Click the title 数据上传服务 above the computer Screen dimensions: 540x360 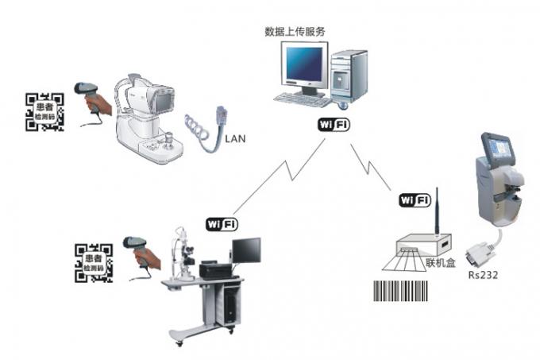pos(295,32)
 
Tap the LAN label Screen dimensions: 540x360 pos(235,139)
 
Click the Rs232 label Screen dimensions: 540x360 pos(483,275)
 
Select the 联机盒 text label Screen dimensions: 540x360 pos(441,263)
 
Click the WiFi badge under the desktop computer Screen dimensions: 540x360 pos(334,124)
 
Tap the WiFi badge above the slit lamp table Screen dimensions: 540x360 pos(222,225)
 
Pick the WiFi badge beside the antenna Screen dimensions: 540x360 pos(415,200)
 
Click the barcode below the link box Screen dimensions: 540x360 pos(400,291)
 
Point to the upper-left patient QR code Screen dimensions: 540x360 pos(44,112)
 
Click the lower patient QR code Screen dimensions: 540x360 pos(94,263)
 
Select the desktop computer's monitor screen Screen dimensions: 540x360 pos(303,64)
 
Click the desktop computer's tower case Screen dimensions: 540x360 pos(349,76)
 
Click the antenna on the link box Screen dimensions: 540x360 pos(437,211)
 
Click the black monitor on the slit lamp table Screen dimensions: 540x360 pos(246,250)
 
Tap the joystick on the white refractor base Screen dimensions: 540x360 pos(168,141)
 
